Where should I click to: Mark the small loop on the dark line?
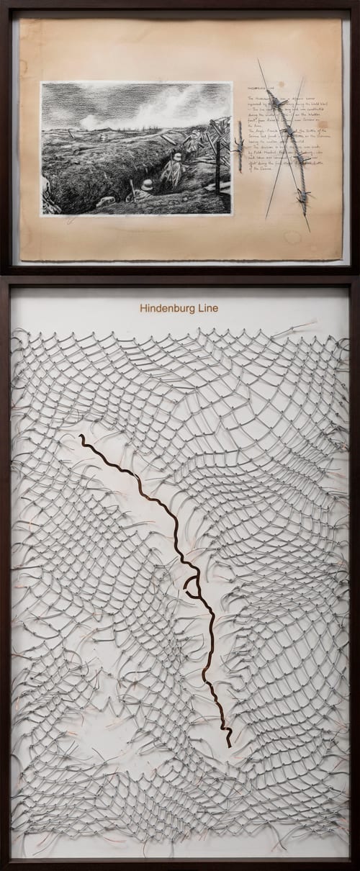click(x=192, y=585)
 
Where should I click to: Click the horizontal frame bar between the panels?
click(x=180, y=274)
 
